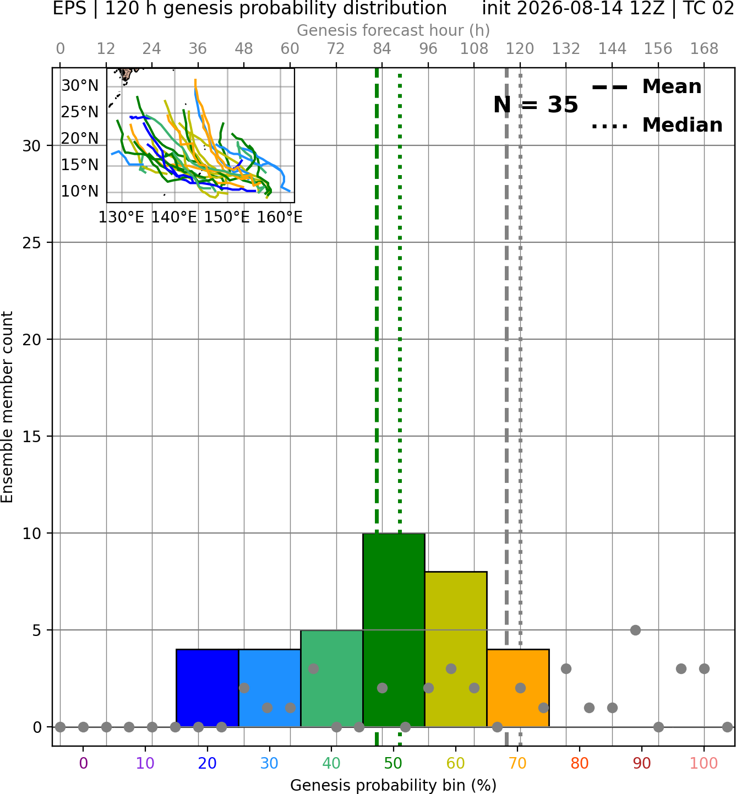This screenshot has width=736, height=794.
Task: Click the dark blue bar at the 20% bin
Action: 208,688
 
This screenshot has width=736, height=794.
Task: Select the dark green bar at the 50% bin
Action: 394,630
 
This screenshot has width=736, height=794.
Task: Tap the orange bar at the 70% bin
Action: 518,688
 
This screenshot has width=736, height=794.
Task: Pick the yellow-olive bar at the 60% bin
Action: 456,649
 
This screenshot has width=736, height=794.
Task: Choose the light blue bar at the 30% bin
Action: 269,688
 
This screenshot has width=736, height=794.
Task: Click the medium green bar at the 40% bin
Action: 332,678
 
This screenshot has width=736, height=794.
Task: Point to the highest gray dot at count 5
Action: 635,630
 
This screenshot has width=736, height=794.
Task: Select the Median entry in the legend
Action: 657,125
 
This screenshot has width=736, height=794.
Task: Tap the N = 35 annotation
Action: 536,105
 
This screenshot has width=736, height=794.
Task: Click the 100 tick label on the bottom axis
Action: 704,763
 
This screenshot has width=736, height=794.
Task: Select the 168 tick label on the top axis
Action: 705,49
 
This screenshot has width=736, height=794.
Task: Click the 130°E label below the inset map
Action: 121,217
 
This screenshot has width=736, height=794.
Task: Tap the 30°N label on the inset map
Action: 80,85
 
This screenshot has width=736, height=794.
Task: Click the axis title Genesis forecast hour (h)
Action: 394,30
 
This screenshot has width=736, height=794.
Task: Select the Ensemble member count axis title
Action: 7,407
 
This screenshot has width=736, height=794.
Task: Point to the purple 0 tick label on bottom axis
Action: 83,763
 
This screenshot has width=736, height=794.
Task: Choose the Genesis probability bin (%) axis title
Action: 394,785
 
